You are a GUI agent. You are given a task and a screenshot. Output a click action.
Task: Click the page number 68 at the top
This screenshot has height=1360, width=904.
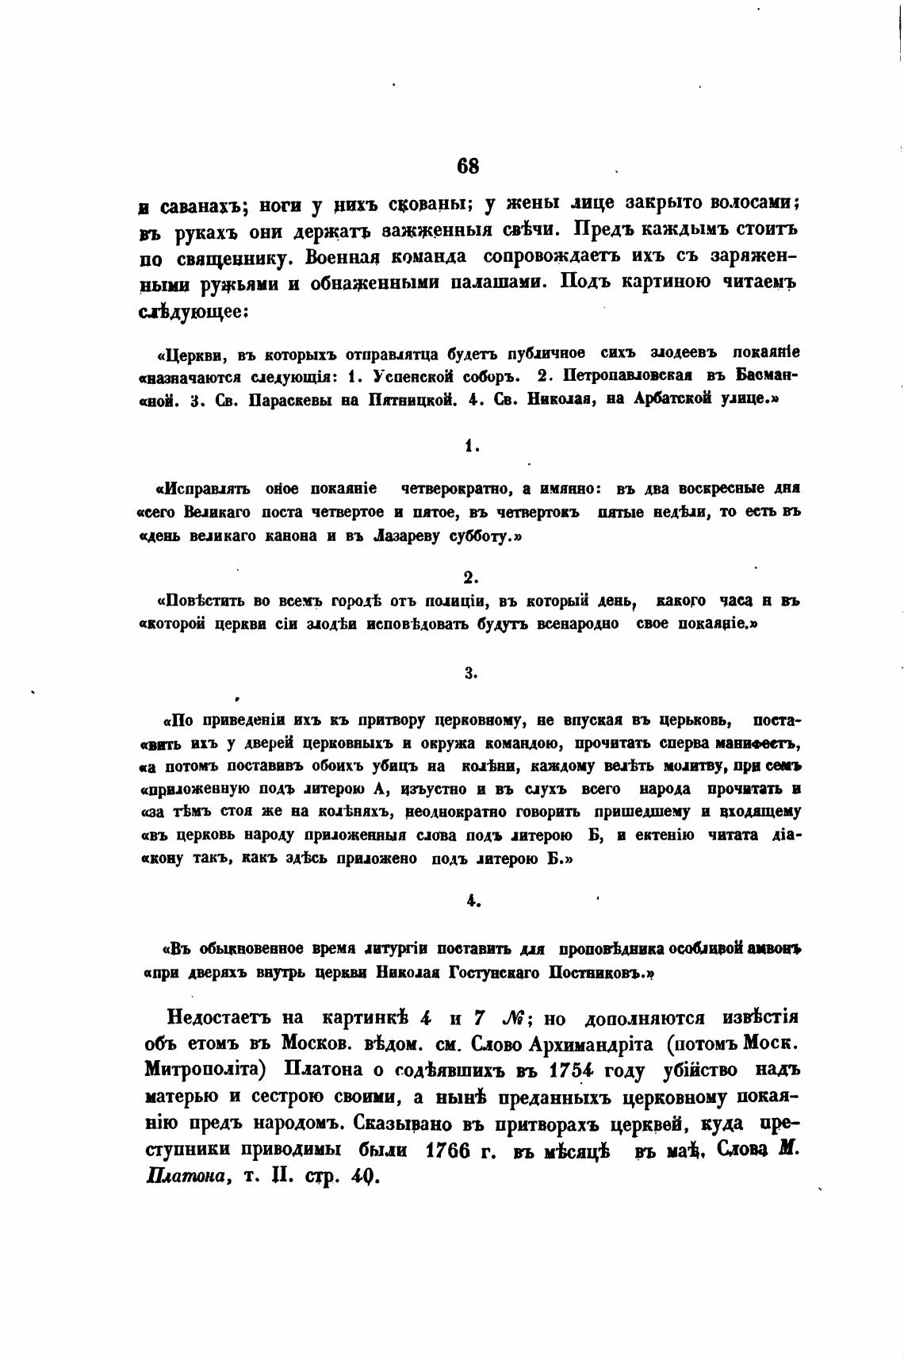(468, 166)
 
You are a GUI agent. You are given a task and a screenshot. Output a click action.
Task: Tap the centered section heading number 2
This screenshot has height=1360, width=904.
(470, 577)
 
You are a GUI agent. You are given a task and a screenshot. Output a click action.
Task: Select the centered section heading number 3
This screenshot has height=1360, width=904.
(470, 674)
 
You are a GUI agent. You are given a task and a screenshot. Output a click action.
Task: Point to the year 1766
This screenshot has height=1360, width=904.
(449, 1150)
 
